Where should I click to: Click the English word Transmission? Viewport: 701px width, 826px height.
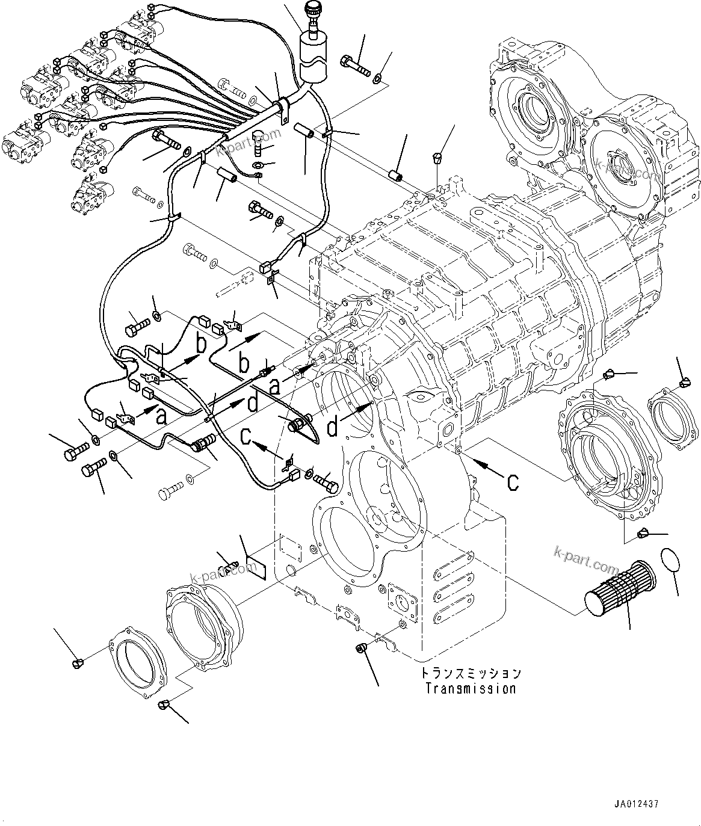(470, 688)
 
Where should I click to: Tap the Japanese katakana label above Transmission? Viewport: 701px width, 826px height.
(470, 673)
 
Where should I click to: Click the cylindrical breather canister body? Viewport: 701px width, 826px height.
(312, 59)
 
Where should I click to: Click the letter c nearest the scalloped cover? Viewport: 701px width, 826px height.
(512, 481)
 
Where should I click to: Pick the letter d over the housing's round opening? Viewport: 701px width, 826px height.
(332, 428)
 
